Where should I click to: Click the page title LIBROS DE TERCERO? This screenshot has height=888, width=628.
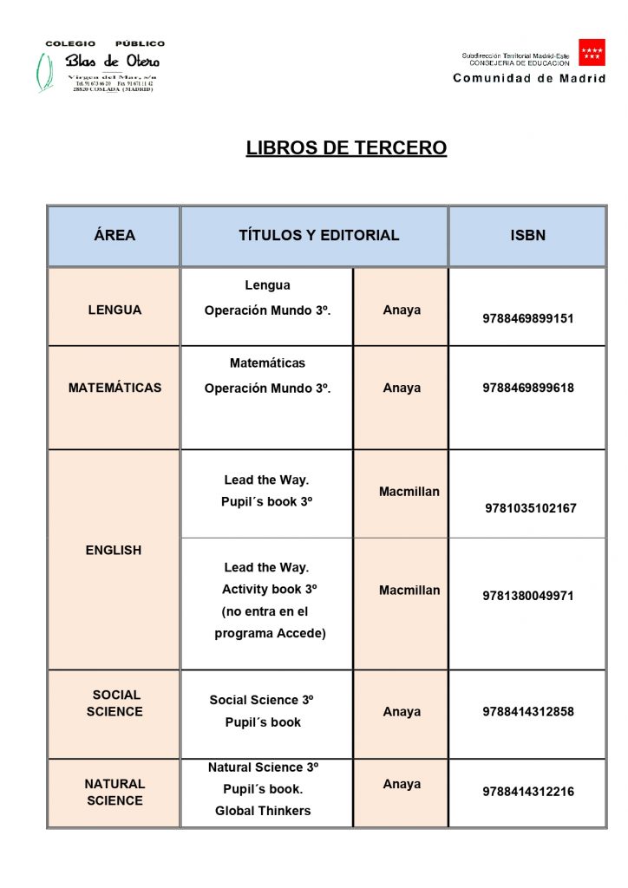(x=346, y=148)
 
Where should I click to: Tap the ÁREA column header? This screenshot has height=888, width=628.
(x=114, y=235)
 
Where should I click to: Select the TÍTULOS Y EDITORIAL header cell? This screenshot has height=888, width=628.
(x=318, y=235)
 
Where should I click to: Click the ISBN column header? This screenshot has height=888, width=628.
(x=527, y=235)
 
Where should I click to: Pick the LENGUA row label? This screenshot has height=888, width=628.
(x=114, y=310)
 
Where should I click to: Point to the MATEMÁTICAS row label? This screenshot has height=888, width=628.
(x=114, y=388)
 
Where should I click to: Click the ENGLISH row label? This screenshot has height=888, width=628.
(x=114, y=550)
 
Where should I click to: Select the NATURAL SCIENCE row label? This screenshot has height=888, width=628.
(x=114, y=792)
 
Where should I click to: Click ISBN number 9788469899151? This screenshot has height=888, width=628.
(x=528, y=318)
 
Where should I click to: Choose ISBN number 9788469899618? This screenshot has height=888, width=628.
(x=528, y=388)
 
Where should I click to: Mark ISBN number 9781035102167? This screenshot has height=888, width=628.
(x=530, y=508)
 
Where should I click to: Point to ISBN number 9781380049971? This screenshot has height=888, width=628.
(x=528, y=596)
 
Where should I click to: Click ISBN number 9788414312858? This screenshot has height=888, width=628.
(x=528, y=712)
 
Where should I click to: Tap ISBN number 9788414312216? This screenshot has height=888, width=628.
(x=528, y=792)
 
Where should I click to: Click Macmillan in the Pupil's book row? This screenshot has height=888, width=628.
(x=409, y=492)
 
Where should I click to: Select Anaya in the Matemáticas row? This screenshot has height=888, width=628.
(x=402, y=388)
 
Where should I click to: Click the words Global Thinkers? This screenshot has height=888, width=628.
(x=263, y=811)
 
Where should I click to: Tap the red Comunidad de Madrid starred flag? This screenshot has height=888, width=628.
(x=592, y=53)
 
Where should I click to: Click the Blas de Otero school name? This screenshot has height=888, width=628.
(x=113, y=62)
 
